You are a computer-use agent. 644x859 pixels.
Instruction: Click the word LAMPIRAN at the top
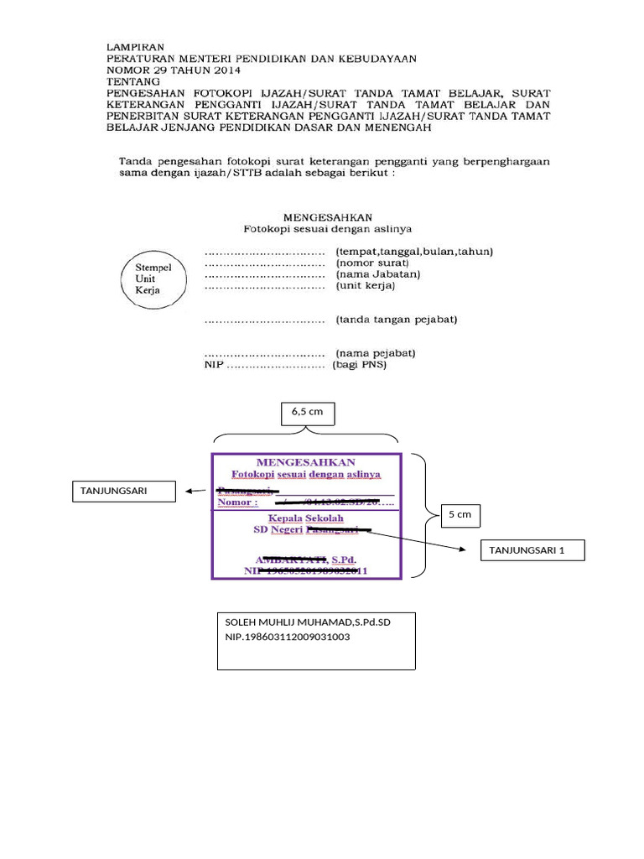(x=135, y=47)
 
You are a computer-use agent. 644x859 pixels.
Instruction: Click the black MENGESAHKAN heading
(x=327, y=216)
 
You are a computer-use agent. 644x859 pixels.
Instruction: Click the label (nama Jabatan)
(x=377, y=274)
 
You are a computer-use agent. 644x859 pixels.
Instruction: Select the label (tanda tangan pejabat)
(x=396, y=320)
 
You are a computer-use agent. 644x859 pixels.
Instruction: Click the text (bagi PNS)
(x=360, y=366)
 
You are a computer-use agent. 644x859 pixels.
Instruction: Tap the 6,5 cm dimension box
(x=307, y=413)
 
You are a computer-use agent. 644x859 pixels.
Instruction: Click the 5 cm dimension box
(x=460, y=514)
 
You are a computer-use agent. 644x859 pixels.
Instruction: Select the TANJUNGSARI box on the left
(x=125, y=491)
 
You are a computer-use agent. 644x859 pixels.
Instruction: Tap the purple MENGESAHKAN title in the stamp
(x=305, y=462)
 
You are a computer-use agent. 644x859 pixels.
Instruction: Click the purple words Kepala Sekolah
(x=306, y=518)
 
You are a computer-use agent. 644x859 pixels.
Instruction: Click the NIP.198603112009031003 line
(x=288, y=638)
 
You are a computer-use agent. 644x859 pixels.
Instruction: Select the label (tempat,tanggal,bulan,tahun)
(x=414, y=251)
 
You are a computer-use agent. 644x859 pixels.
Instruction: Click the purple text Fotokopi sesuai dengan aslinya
(x=306, y=474)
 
